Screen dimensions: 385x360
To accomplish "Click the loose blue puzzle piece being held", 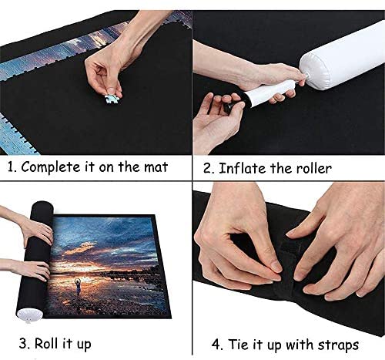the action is (112, 99).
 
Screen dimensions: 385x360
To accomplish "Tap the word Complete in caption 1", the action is (51, 167).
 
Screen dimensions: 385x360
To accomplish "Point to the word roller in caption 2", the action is (314, 169).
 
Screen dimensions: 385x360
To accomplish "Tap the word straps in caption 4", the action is (338, 345).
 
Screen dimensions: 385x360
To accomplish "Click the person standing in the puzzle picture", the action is (78, 287).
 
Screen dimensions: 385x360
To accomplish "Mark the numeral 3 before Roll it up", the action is (23, 344).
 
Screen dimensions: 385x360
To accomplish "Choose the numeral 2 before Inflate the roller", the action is (208, 169).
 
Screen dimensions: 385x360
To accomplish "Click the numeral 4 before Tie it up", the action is (216, 345).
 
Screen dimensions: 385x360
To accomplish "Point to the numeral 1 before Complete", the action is (11, 167).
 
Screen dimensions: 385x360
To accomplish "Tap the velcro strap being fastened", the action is (290, 264).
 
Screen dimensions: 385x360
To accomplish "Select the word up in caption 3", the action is (84, 345).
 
